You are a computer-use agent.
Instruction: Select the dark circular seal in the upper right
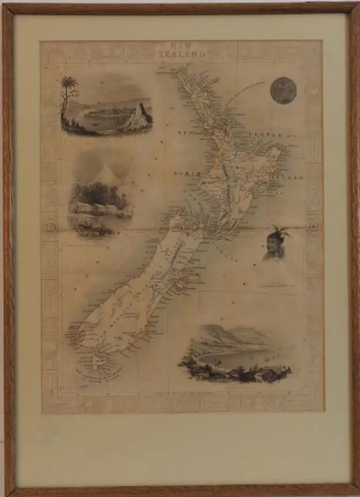[283, 90]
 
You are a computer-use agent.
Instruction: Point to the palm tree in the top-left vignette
[69, 85]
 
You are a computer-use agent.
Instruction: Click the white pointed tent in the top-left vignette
[139, 117]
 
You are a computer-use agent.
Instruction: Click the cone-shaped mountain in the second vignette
[106, 172]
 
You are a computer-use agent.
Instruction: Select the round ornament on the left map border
[51, 227]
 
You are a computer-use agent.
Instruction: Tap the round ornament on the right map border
[313, 227]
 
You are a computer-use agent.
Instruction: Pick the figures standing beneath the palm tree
[73, 123]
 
